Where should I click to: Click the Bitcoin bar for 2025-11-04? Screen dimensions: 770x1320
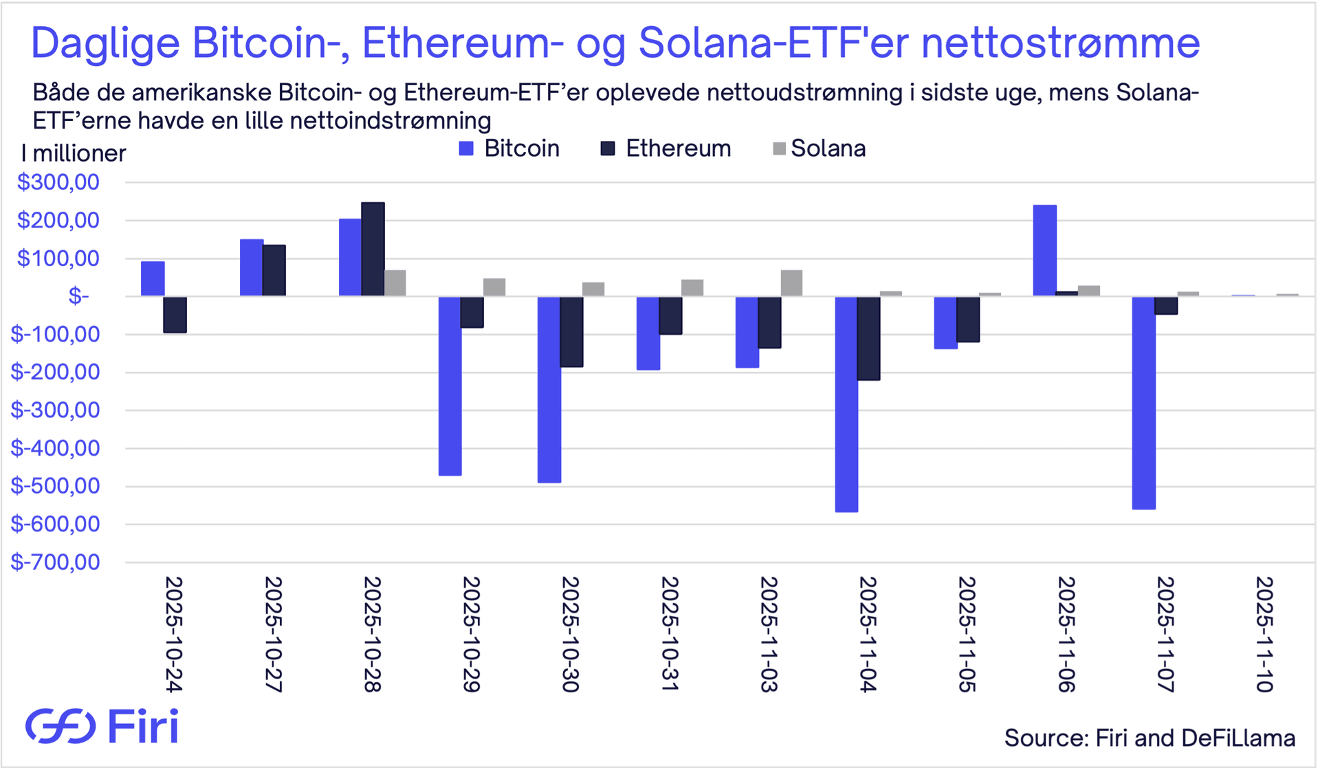[846, 404]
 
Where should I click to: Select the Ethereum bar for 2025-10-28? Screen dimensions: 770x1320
[373, 249]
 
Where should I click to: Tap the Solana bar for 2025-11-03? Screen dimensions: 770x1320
[791, 283]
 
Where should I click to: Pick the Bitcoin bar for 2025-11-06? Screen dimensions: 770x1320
[1044, 250]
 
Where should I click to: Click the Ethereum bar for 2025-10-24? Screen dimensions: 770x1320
[175, 315]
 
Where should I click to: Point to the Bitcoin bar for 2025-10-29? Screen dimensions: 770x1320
[450, 386]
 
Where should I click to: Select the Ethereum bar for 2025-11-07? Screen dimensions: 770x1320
[1166, 305]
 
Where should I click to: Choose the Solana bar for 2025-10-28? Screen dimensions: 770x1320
[395, 283]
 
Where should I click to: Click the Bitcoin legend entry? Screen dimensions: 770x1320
[509, 148]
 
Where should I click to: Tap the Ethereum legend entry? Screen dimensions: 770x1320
[665, 148]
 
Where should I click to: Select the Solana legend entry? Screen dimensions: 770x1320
[819, 148]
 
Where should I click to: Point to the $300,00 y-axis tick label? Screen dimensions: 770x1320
[58, 182]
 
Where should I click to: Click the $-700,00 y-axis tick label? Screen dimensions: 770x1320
[55, 562]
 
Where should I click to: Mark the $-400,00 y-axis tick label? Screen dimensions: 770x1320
[55, 448]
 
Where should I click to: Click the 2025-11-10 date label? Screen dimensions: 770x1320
[1264, 634]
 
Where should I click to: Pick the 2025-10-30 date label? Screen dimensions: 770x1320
[571, 634]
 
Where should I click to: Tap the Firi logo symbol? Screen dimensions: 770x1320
[60, 726]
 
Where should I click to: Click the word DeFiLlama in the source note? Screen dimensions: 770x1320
[1238, 738]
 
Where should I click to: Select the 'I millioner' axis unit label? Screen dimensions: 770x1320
[74, 153]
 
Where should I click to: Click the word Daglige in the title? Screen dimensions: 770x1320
[106, 43]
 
